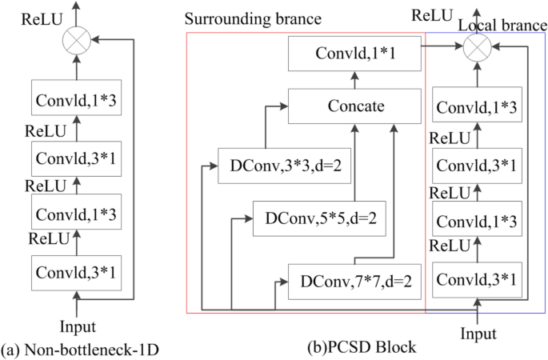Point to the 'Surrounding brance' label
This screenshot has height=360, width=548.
pos(241,18)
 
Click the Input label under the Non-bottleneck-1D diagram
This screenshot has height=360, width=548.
pos(78,326)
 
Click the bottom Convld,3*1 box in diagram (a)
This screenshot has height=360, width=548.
pos(77,270)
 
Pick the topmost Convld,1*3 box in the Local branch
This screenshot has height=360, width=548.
pos(478,106)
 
